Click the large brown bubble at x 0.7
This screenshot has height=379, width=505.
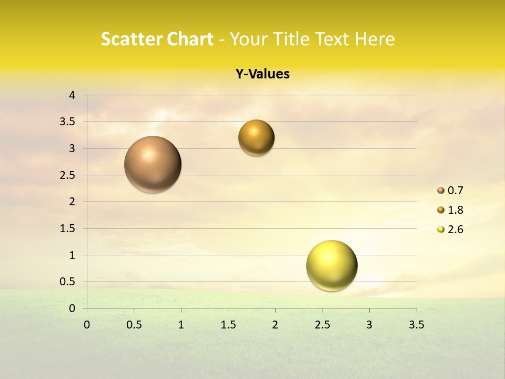(153, 164)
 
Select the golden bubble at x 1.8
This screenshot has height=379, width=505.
(256, 137)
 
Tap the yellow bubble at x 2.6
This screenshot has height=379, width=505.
(331, 265)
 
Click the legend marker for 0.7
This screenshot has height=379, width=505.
(441, 191)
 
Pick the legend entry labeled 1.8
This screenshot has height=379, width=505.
(455, 210)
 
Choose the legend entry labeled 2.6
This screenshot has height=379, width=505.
(455, 230)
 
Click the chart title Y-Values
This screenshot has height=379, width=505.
(262, 74)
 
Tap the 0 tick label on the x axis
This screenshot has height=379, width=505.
(87, 325)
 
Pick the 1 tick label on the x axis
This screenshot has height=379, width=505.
(181, 325)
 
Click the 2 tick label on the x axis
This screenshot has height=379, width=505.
(275, 325)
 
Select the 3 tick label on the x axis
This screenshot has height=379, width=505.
(369, 325)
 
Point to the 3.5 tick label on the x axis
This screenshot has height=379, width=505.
(416, 325)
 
